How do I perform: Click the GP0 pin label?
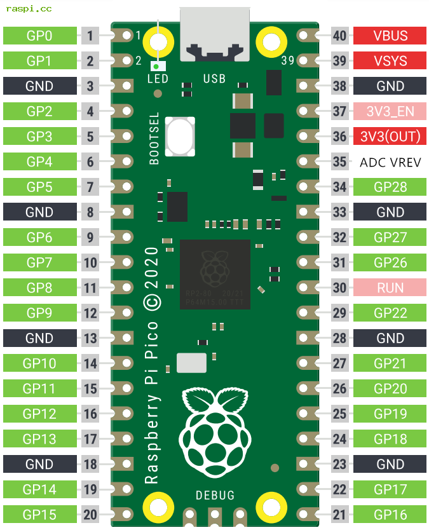39,36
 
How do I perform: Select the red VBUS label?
390,36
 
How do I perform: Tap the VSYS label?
390,61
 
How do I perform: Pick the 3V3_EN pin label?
390,112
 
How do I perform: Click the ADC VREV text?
390,162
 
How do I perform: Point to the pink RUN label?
390,288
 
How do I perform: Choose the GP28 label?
390,187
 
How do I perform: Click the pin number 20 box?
90,515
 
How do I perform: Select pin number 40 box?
340,36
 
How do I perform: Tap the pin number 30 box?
340,288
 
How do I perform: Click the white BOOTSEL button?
179,136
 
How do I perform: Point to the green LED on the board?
156,65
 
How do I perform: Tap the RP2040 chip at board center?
215,275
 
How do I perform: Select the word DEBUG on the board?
215,495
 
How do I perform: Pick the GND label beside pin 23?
390,465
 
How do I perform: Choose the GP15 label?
39,515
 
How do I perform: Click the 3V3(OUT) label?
390,137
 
